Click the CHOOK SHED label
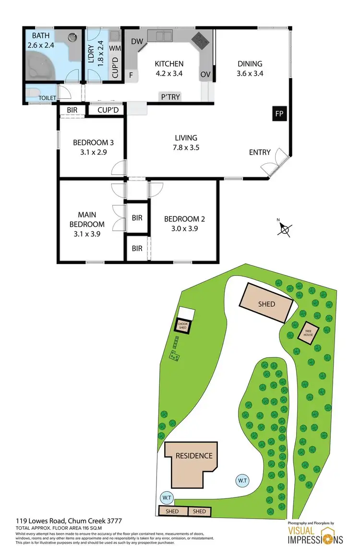[x=182, y=327]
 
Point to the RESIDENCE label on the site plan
[x=193, y=455]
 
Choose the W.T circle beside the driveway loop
[x=242, y=480]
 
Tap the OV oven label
[x=205, y=75]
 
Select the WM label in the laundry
[x=115, y=48]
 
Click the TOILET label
[x=48, y=98]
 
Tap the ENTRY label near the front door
[x=260, y=153]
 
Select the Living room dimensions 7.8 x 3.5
[x=186, y=148]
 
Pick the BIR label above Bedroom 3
[x=72, y=110]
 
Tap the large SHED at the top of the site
[x=266, y=303]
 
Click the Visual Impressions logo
[x=315, y=534]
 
